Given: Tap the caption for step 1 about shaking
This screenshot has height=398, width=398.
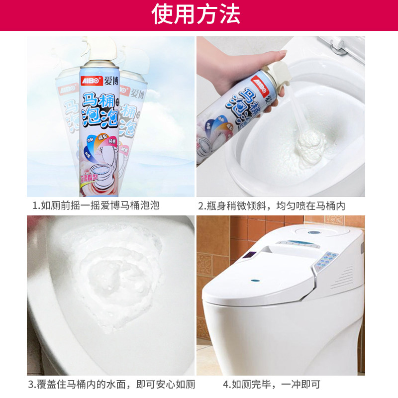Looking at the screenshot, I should (96, 205).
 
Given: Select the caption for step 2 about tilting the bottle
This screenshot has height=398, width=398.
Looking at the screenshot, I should (279, 205).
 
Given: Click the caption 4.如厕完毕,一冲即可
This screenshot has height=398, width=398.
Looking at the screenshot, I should (272, 384).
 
